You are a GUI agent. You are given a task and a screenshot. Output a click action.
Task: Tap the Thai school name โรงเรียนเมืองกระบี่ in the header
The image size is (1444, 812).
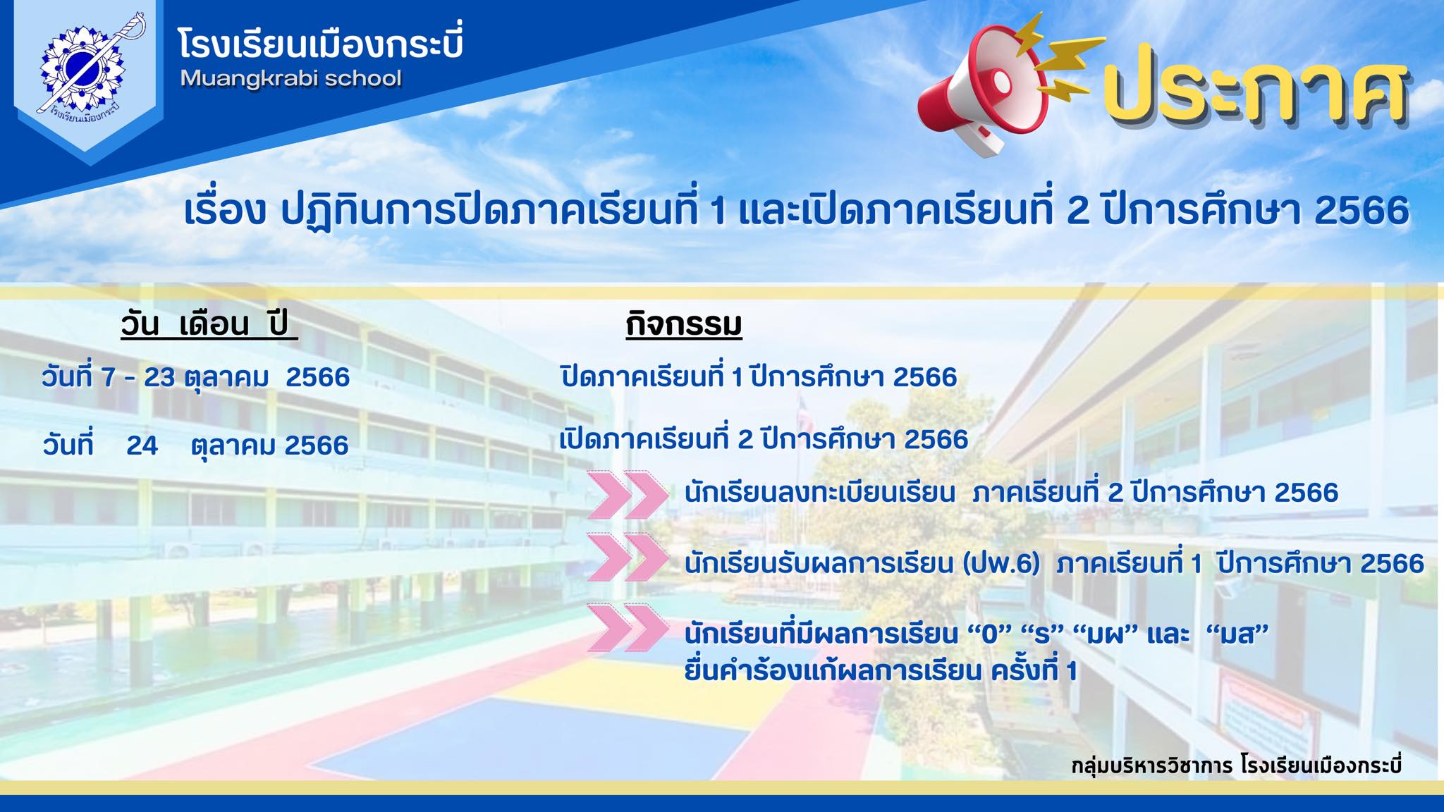321,43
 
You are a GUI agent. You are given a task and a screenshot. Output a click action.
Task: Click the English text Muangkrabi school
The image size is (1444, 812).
290,78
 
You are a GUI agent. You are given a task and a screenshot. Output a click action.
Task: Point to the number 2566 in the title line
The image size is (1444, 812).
1354,211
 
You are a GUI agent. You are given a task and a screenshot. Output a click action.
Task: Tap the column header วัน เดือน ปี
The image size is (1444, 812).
209,325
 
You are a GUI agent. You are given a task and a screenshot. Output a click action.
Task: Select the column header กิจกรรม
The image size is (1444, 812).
684,325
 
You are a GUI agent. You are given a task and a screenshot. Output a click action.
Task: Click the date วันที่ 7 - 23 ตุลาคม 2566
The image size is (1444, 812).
196,377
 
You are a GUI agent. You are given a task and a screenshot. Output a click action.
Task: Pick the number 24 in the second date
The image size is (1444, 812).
142,445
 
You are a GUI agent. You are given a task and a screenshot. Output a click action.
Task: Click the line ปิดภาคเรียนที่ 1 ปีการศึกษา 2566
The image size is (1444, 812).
759,377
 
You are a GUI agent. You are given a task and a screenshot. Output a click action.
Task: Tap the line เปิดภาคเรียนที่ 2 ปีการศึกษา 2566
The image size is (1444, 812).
764,439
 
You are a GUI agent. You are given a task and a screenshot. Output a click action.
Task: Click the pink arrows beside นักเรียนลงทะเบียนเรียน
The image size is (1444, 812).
628,493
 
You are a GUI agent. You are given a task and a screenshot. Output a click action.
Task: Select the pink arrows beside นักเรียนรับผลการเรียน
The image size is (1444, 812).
628,557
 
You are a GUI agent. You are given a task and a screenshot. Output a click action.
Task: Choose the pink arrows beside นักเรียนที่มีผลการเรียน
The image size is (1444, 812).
628,627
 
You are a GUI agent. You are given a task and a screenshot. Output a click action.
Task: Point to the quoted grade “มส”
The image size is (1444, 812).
1242,634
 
